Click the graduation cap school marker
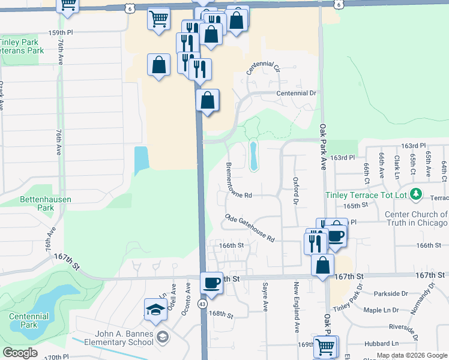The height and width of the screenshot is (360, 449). tap(156, 310)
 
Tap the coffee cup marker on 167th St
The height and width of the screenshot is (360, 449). tap(211, 283)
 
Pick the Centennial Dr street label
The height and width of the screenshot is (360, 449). tap(296, 94)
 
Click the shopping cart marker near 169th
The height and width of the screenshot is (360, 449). tap(325, 346)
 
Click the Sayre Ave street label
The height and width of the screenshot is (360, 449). tap(265, 298)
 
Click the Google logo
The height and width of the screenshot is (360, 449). tap(20, 353)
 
